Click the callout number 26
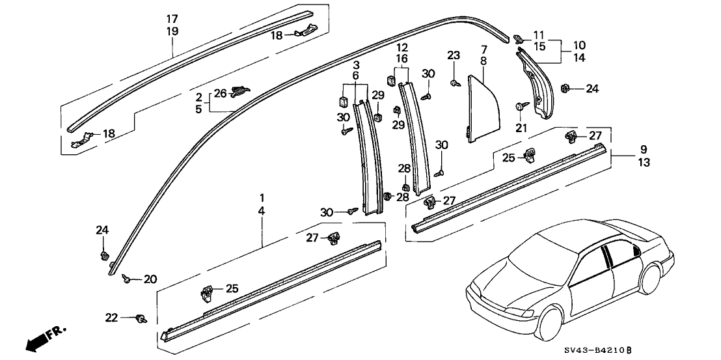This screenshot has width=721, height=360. pos(220,93)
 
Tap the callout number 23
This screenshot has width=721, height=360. pos(454,55)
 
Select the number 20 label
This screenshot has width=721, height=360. pos(150,279)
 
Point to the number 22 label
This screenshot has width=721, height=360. pos(112,317)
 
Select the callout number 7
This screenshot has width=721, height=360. pos(483,49)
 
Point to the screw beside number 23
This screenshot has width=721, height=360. pos(454,82)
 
